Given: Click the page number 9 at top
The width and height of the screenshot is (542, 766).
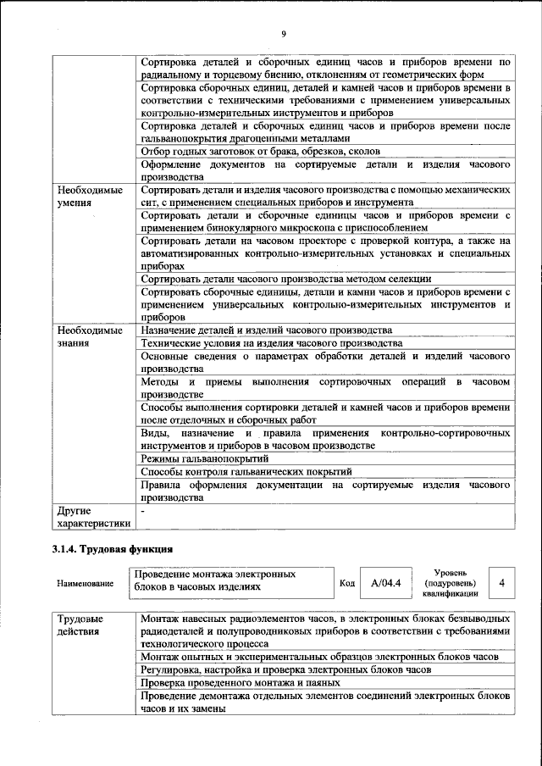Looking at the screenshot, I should [284, 33].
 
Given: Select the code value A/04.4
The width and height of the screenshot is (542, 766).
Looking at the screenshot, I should [385, 583].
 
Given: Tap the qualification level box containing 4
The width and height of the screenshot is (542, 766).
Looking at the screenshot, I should [502, 583].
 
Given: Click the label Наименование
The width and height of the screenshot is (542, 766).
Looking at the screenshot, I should [85, 584].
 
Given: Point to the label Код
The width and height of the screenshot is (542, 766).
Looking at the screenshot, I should [346, 583].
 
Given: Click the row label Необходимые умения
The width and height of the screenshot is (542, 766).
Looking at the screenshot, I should [84, 197].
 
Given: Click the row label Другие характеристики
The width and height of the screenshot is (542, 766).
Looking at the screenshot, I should [90, 517].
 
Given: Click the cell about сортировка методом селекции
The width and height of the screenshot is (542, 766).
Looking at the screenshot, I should [286, 279].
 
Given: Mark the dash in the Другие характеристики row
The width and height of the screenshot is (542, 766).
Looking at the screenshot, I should [144, 511].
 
